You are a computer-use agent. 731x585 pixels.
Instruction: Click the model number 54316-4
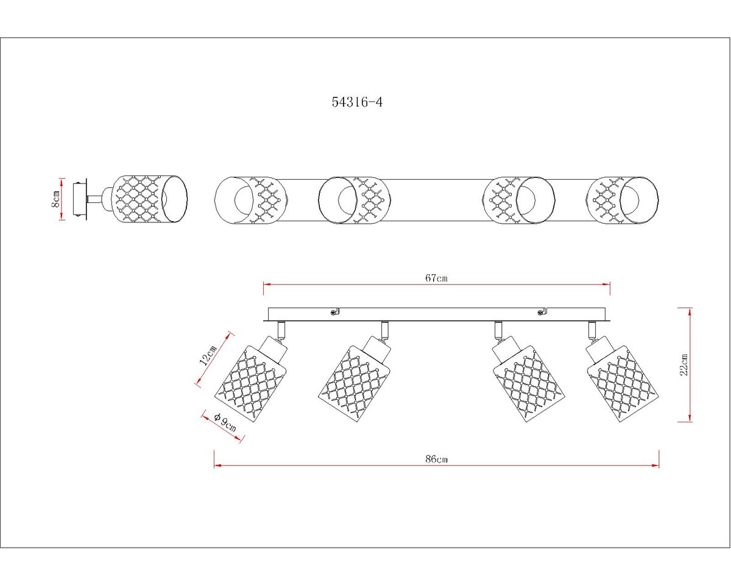tap(357, 102)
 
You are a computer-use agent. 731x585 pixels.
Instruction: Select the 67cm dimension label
tap(437, 278)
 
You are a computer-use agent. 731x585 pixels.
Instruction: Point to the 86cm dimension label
tap(437, 459)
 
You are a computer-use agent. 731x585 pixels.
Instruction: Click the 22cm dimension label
tap(683, 365)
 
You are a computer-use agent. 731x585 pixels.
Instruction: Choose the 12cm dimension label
tap(208, 355)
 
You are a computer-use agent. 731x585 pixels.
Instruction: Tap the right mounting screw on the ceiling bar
tap(540, 311)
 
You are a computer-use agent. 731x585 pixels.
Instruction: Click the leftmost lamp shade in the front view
tap(252, 385)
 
